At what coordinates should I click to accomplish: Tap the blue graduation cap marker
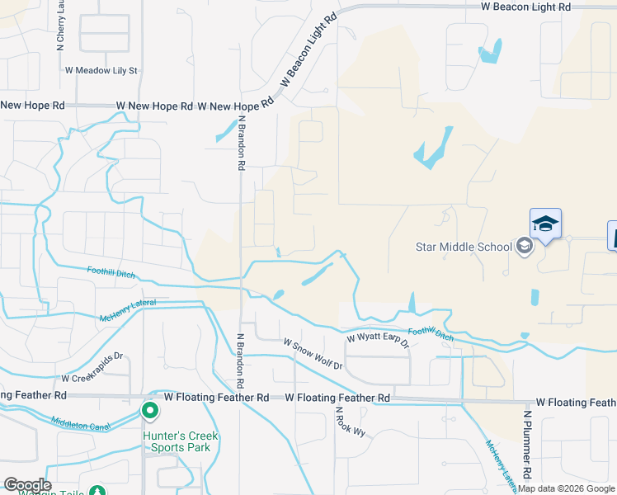[545, 224]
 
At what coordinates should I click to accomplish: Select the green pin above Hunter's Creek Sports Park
[150, 410]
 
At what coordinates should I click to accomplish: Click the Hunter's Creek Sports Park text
[177, 441]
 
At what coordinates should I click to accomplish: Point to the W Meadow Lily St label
[101, 71]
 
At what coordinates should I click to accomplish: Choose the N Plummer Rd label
[527, 445]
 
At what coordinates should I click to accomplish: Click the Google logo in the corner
[27, 485]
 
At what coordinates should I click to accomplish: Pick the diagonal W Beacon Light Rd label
[308, 50]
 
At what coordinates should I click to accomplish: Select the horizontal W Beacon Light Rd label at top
[525, 7]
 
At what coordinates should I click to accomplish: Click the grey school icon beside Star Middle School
[524, 245]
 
